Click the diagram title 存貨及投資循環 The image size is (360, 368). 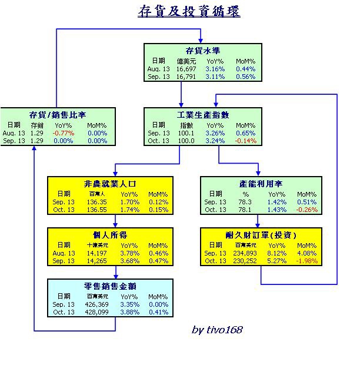[x=189, y=11]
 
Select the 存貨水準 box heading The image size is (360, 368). [x=203, y=51]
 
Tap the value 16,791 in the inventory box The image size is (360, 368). [x=186, y=77]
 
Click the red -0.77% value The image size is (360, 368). [x=64, y=133]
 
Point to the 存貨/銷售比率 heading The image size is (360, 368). [x=58, y=115]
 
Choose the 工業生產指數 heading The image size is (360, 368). [x=203, y=115]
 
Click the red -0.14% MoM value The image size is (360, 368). [x=245, y=141]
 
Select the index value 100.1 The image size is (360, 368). [x=186, y=133]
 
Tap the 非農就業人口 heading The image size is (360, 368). [x=110, y=184]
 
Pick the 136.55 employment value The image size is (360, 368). [x=97, y=210]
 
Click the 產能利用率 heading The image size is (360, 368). [x=261, y=184]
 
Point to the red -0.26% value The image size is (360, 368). [x=306, y=210]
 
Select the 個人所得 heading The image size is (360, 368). [x=110, y=235]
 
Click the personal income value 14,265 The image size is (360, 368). [x=97, y=261]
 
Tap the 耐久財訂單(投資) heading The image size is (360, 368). [x=261, y=235]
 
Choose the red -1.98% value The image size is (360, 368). [x=306, y=261]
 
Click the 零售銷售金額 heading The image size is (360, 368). [x=110, y=286]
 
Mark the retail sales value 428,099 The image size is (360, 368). [x=97, y=312]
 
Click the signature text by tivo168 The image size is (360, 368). [x=217, y=330]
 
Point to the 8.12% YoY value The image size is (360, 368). [x=276, y=253]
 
